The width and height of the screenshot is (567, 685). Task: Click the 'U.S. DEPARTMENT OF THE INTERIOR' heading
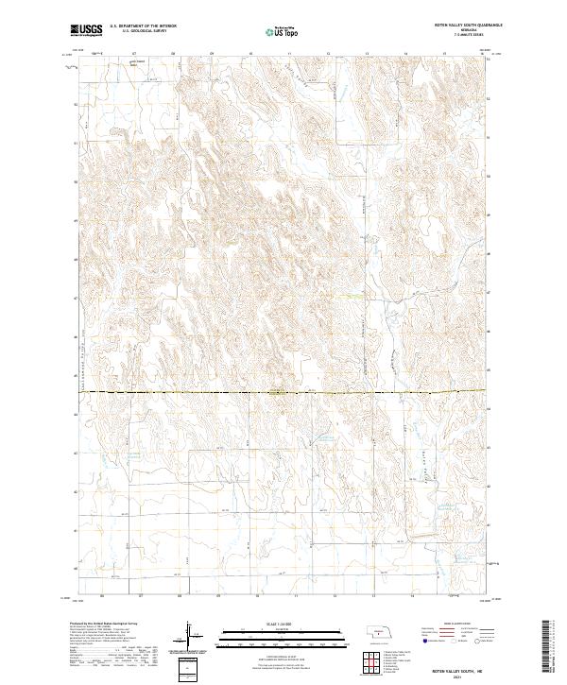coord(143,26)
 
